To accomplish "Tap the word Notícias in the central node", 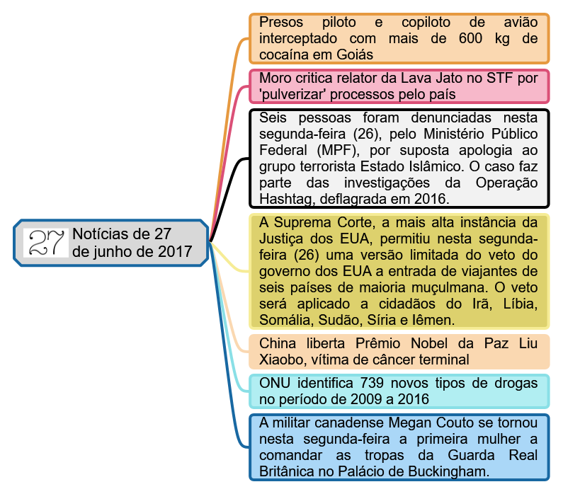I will tap(101, 234).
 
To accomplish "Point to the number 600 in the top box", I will tap(472, 38).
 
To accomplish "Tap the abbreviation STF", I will tap(500, 78).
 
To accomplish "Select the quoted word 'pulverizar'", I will tap(295, 94).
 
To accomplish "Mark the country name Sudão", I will tap(336, 321).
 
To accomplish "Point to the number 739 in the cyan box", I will tap(375, 383).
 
